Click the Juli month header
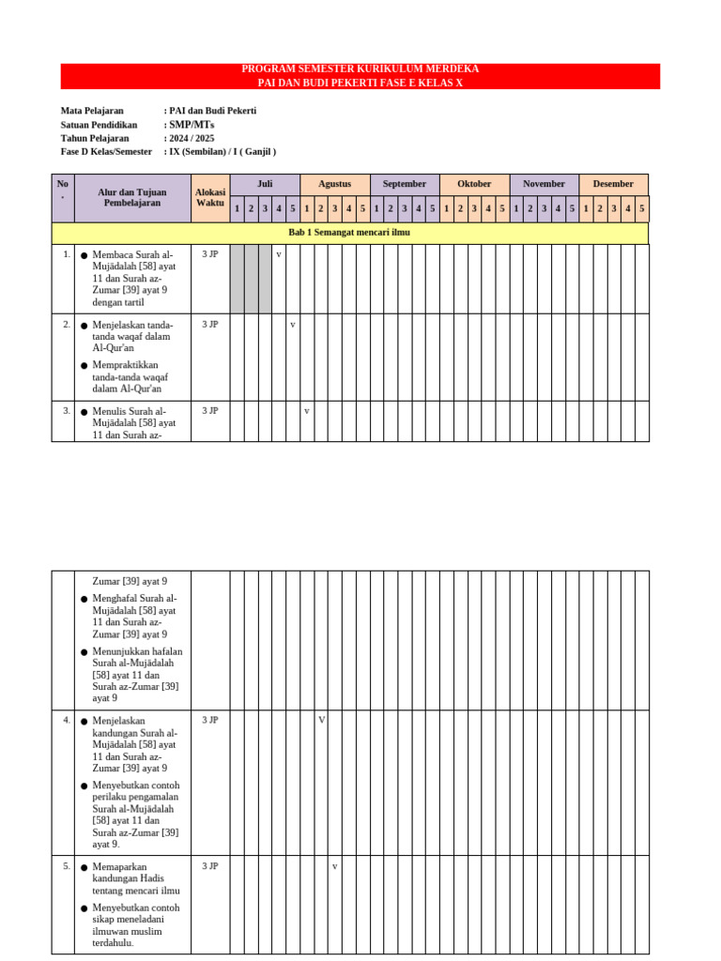click(x=265, y=184)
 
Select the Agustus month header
click(x=334, y=184)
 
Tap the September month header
click(x=405, y=184)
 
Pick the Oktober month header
click(x=474, y=184)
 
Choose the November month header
click(x=544, y=184)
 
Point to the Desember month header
click(x=613, y=184)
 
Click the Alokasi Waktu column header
click(x=210, y=197)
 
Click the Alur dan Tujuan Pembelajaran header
click(x=132, y=197)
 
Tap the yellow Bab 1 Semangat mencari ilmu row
click(x=349, y=233)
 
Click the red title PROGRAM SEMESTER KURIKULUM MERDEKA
click(x=360, y=69)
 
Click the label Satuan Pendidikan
click(x=99, y=125)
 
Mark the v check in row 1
click(x=279, y=254)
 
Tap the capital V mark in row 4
click(x=321, y=720)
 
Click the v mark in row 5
click(x=335, y=866)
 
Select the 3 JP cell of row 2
click(x=210, y=324)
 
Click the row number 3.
click(x=67, y=410)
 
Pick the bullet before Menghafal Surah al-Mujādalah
click(x=84, y=599)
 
